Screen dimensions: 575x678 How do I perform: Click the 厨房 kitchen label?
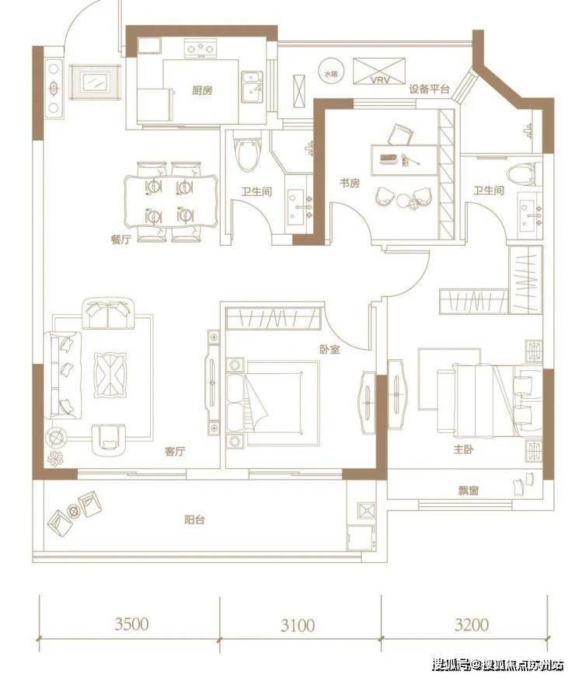(x=203, y=90)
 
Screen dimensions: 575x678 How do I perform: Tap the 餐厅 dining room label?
(x=120, y=239)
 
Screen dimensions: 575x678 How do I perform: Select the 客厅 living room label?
(x=175, y=452)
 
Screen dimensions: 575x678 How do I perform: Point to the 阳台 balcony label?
(x=194, y=519)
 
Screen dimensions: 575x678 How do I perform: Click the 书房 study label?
(x=350, y=183)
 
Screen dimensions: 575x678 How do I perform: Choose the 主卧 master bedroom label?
(x=464, y=449)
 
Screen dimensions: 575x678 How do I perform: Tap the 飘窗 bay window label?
(x=469, y=491)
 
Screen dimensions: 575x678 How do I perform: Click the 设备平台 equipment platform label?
(x=429, y=89)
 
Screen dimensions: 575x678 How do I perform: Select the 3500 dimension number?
(x=132, y=624)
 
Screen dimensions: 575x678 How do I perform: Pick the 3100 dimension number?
(x=298, y=625)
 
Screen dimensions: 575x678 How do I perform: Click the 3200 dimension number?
(x=472, y=624)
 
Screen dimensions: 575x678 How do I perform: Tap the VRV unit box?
(x=379, y=72)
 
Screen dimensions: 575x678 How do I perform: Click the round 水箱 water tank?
(x=331, y=72)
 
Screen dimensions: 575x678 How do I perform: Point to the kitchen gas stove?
(x=200, y=48)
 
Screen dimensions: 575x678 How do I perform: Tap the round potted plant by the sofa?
(x=57, y=438)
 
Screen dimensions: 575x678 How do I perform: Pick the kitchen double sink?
(x=252, y=87)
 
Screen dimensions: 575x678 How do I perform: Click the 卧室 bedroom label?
(x=329, y=349)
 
